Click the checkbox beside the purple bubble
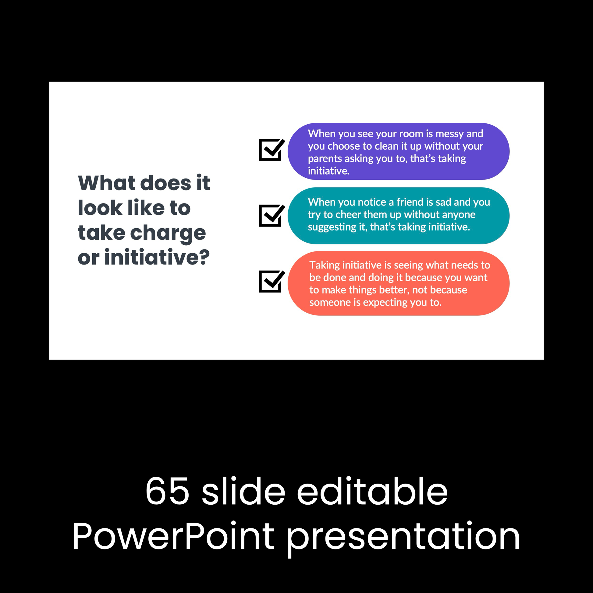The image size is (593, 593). pos(272,150)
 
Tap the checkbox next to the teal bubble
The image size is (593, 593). pos(272,215)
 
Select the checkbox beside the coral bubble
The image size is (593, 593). pos(272,281)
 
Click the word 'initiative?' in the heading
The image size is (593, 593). pos(157,257)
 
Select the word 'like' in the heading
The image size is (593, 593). pos(146,208)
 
